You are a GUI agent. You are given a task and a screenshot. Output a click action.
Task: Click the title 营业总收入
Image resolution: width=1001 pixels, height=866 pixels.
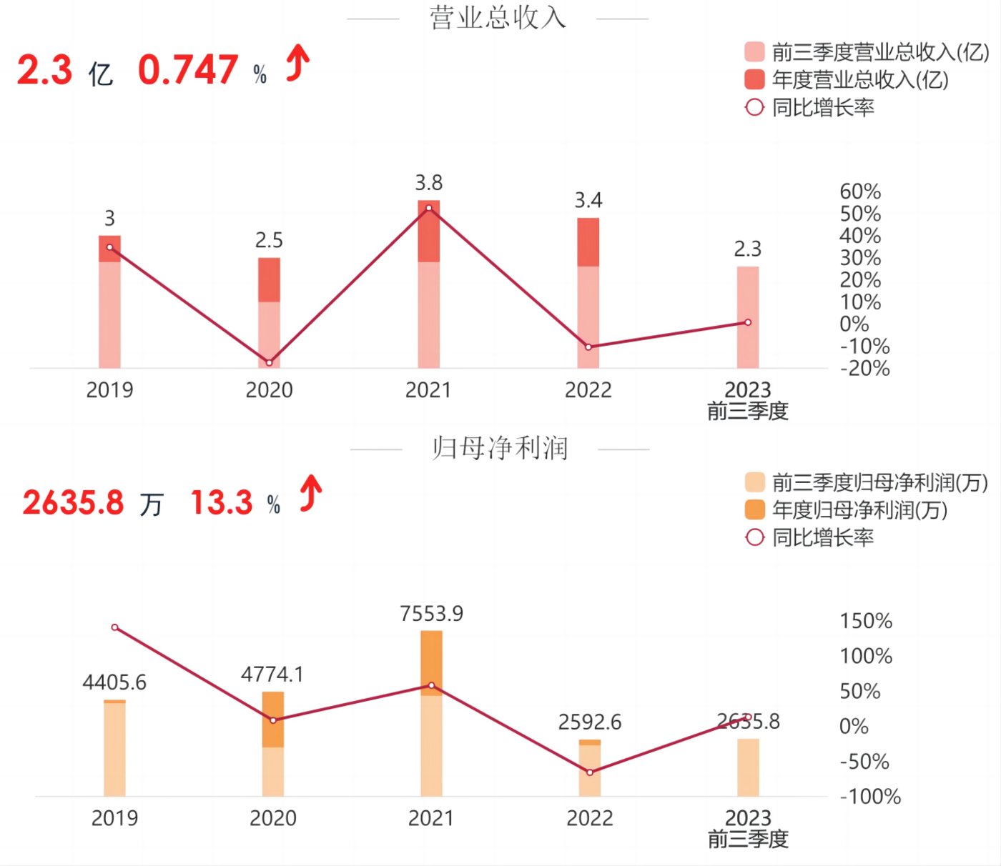pos(498,18)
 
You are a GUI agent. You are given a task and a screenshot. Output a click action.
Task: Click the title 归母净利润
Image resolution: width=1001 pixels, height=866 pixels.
pos(500,449)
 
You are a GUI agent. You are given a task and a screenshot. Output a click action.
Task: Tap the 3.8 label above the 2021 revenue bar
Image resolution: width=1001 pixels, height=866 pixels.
pos(429,183)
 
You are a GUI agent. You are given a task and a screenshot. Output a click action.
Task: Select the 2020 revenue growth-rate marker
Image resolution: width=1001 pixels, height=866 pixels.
pos(269,363)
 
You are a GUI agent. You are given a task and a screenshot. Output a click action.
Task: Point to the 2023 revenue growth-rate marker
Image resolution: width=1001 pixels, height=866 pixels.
pos(748,322)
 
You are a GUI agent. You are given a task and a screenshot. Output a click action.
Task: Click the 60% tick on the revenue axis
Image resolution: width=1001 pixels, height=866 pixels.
pos(860,191)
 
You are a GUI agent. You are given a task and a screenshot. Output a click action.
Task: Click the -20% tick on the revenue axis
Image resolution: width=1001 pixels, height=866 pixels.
pos(864,369)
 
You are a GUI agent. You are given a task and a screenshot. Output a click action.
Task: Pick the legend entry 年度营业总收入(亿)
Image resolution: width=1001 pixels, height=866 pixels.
pos(859,79)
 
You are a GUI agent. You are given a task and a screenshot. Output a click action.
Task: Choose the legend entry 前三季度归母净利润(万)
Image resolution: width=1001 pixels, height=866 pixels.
pos(879,483)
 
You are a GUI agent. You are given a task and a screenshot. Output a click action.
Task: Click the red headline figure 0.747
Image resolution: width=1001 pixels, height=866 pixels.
pos(188,70)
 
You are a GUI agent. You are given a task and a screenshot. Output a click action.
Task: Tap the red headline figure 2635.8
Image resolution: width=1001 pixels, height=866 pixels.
pos(73,503)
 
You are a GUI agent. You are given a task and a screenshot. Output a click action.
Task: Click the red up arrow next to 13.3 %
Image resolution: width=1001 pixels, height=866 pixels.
pos(311,494)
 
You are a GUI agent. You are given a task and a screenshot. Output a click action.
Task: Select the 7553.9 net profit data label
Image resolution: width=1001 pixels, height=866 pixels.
pos(431,614)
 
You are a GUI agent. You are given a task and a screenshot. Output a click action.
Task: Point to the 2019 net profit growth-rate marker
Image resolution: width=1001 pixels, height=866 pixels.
pos(115,627)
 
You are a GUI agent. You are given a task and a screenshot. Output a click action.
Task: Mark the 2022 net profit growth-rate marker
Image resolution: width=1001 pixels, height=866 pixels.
pos(590,772)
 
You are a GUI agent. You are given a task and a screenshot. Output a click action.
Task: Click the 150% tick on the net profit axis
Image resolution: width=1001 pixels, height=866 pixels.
pos(866,621)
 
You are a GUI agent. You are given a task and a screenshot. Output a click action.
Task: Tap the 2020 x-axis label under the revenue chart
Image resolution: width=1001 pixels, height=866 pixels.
pos(269,390)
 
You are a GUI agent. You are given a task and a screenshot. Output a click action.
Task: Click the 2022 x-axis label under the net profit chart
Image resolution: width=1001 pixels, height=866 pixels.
pos(590,818)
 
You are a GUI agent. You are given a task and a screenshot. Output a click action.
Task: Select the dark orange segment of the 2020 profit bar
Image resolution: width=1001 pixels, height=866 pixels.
pos(273,719)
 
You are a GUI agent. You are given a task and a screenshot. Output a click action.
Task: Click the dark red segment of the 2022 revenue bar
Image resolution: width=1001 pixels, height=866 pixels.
pos(588,242)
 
